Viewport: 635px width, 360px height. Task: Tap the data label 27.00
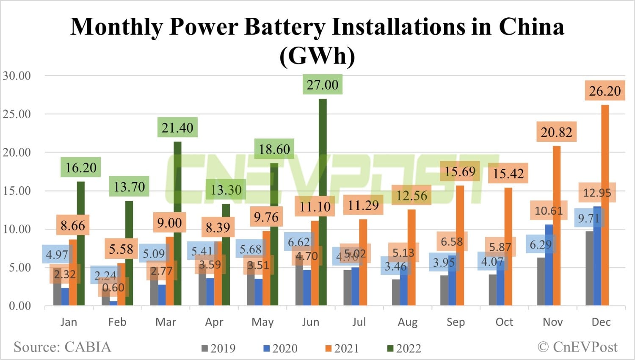point(323,85)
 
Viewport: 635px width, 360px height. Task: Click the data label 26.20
point(605,91)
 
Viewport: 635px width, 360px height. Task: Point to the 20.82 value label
point(556,132)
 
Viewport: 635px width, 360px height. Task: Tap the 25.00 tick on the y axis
point(17,114)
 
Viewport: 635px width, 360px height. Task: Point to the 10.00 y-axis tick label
point(17,229)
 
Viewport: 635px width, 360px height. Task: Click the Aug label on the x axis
point(407,322)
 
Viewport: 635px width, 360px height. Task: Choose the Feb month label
point(117,322)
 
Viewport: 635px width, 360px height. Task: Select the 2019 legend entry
point(218,349)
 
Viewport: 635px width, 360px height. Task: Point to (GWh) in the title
point(317,55)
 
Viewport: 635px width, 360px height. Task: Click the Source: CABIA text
point(62,347)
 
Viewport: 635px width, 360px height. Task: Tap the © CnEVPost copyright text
point(577,347)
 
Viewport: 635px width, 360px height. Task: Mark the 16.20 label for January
point(81,168)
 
